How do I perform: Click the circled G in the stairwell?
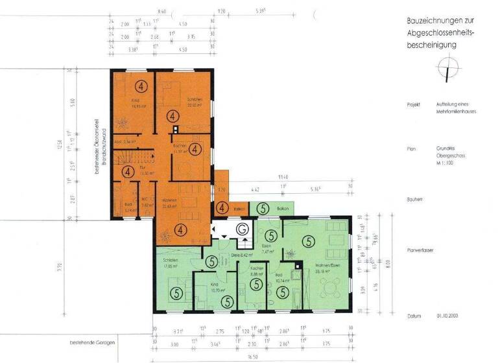click(242, 229)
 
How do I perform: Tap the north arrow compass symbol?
click(445, 67)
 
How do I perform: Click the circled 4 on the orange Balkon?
click(222, 208)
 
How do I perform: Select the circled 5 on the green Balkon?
click(263, 208)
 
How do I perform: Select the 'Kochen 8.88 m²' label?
click(256, 270)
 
